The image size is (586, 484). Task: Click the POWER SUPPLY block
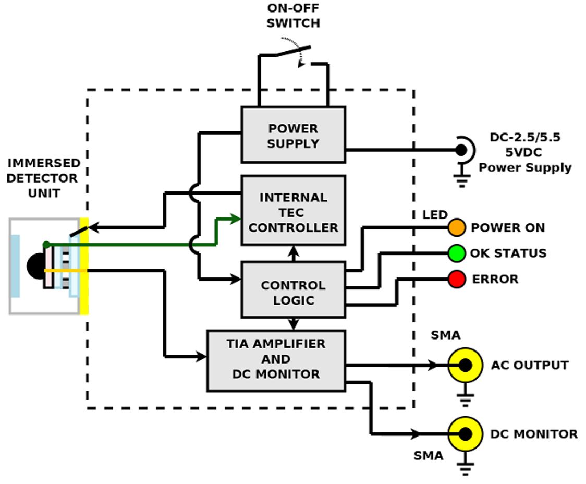(293, 135)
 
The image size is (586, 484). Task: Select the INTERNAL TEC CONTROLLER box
(293, 211)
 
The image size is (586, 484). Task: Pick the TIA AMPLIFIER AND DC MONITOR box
(276, 360)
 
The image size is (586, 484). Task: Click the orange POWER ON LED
(456, 227)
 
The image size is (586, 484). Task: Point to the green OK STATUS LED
(456, 253)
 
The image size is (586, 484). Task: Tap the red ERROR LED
(456, 279)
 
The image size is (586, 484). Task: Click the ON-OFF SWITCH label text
(294, 16)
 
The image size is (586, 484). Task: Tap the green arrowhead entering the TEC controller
(235, 218)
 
